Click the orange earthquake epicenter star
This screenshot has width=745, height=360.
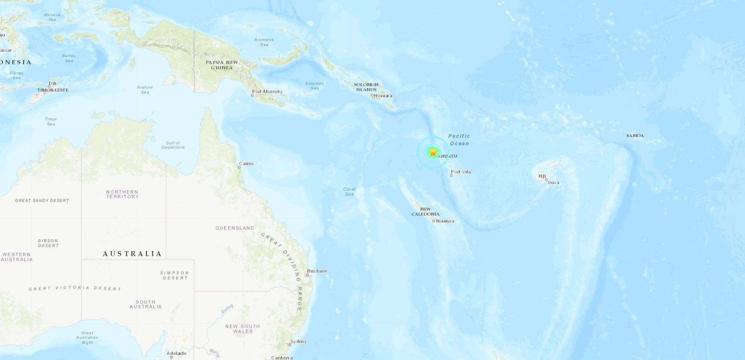click(x=433, y=152)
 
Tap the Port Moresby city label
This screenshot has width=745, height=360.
click(x=267, y=91)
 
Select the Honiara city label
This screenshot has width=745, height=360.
click(x=383, y=96)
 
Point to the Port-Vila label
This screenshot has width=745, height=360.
click(x=461, y=172)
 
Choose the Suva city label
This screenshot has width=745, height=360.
click(x=553, y=182)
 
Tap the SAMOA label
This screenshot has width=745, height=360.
click(x=635, y=135)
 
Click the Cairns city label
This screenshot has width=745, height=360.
click(x=246, y=164)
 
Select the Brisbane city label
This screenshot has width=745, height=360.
click(x=317, y=271)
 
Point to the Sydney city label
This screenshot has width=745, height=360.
click(x=298, y=341)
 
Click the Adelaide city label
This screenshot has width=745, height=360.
click(x=176, y=353)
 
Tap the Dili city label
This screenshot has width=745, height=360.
click(x=53, y=83)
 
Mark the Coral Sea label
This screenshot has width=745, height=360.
click(x=349, y=191)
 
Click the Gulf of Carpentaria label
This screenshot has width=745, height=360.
click(x=173, y=145)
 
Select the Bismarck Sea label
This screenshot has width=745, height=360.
click(x=264, y=42)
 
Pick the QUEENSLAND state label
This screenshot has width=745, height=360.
click(x=234, y=228)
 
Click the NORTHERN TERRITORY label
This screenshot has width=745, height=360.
click(x=123, y=194)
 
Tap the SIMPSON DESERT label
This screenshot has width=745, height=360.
click(x=174, y=275)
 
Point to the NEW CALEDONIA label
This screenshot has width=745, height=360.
click(x=425, y=212)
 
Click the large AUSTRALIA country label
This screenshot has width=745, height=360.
click(x=132, y=254)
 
